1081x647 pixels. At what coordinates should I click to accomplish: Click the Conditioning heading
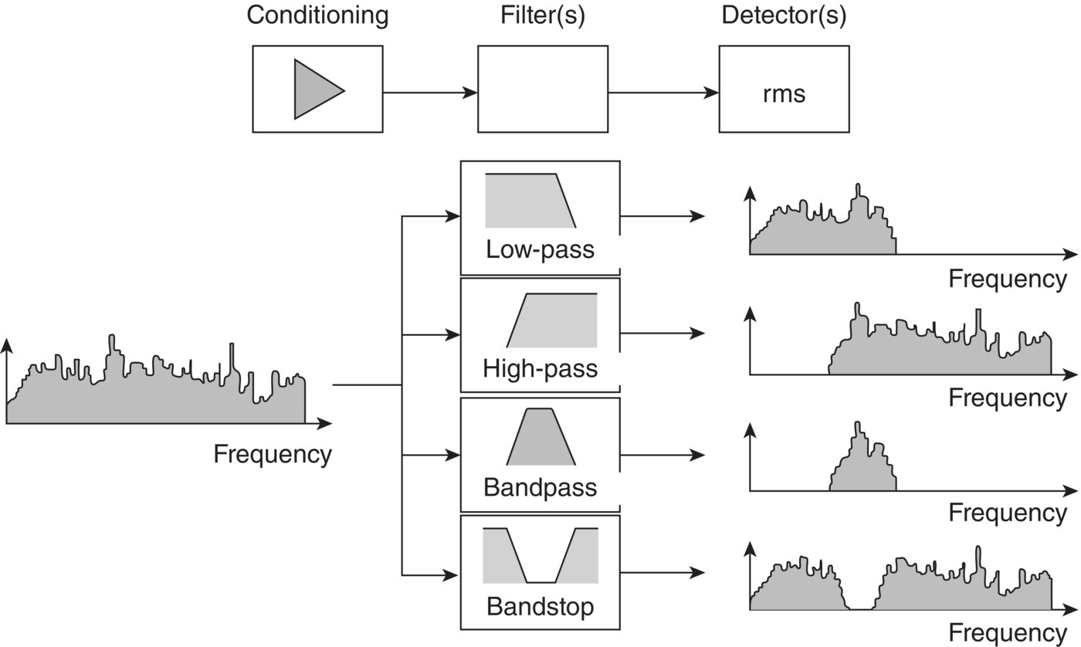317,15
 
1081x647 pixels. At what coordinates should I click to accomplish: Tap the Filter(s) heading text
542,15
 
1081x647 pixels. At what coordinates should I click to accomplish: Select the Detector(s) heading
784,15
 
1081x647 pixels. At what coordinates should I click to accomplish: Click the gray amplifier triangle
313,90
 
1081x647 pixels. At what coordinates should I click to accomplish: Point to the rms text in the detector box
784,93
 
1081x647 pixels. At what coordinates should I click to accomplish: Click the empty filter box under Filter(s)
542,89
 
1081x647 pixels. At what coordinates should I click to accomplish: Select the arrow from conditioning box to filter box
429,93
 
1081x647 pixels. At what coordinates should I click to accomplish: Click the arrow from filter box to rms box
662,93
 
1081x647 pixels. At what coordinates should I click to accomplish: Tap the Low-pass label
540,249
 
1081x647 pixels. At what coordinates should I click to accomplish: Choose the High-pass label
540,368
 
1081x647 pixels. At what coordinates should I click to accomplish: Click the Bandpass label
540,487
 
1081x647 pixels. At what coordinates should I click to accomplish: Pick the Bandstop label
540,606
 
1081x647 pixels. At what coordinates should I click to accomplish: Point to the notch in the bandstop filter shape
540,575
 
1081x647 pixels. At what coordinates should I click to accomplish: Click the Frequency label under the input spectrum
272,454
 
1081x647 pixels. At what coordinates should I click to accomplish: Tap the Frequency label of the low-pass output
1007,279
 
